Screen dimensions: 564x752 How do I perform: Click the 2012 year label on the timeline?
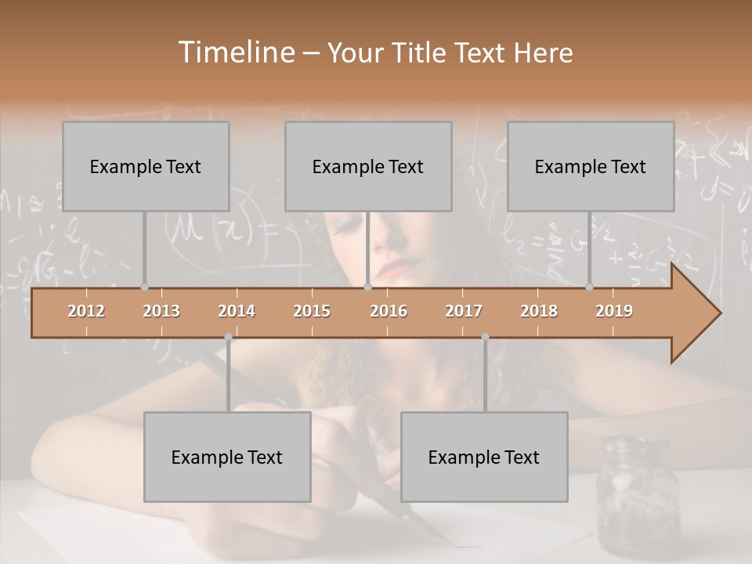(x=86, y=311)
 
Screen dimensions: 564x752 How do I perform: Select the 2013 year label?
(x=161, y=311)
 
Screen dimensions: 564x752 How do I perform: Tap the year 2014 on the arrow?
(x=237, y=311)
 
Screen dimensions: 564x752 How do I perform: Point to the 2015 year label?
(x=312, y=311)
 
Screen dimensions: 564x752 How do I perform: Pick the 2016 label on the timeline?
(x=389, y=311)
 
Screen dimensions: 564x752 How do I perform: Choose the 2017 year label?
(x=464, y=311)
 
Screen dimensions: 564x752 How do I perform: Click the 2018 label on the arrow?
(x=539, y=311)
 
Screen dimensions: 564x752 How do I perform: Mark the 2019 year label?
(x=614, y=311)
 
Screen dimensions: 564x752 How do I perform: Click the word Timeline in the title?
(x=235, y=52)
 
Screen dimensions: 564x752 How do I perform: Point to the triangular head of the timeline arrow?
(x=696, y=313)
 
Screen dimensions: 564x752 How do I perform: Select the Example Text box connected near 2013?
(x=146, y=166)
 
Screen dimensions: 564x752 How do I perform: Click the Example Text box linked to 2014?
(x=227, y=457)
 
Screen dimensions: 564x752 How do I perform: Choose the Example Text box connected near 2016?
(x=368, y=166)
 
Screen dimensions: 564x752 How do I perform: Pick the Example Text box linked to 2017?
(x=484, y=457)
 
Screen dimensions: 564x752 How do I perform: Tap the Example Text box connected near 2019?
(x=591, y=166)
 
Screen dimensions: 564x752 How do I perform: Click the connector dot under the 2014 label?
(x=228, y=337)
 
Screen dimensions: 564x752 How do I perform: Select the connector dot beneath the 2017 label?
(x=485, y=337)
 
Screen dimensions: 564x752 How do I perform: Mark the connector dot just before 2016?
(x=367, y=287)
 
